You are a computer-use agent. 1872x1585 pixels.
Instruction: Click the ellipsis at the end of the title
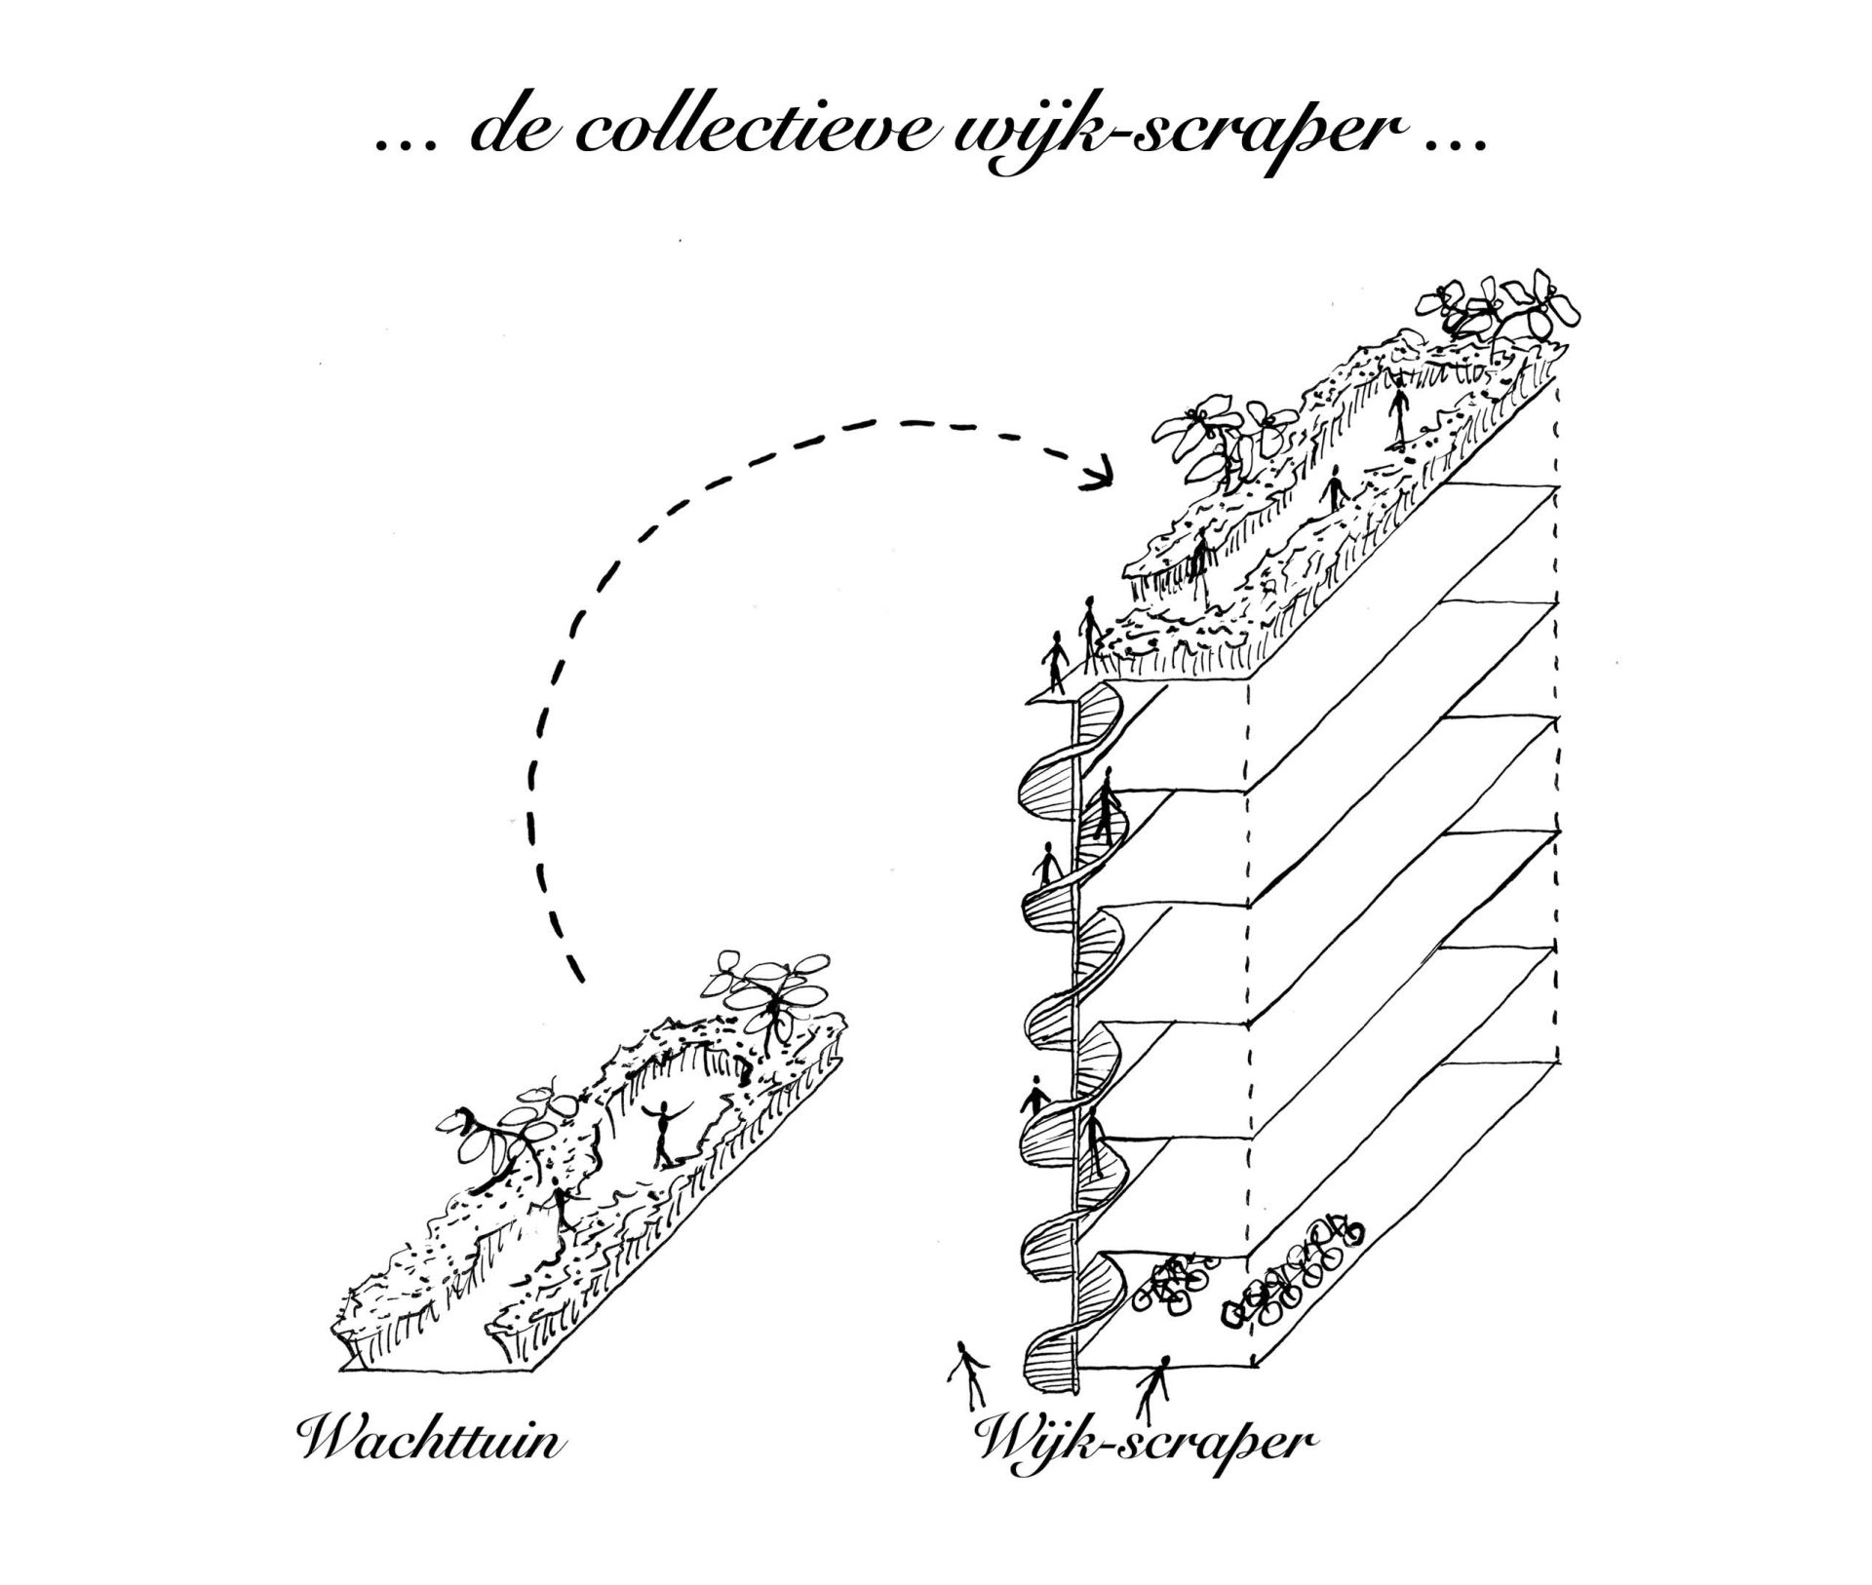1459,144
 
